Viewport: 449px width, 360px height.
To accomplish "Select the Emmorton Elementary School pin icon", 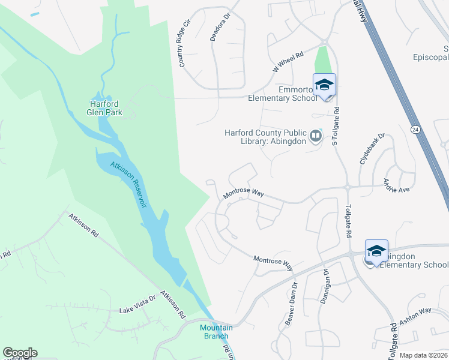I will click(324, 85).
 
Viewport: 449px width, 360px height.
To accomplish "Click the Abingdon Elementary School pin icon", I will click(376, 251).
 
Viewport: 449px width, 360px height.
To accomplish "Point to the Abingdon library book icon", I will click(315, 137).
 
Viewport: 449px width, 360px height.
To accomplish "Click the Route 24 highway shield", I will click(415, 129).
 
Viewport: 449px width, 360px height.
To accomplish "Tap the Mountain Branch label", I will click(216, 331).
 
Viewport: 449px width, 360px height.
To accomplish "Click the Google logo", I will click(20, 353).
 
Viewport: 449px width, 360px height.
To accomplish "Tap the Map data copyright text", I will click(423, 355).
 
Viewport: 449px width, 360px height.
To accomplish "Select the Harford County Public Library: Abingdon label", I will click(265, 137).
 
